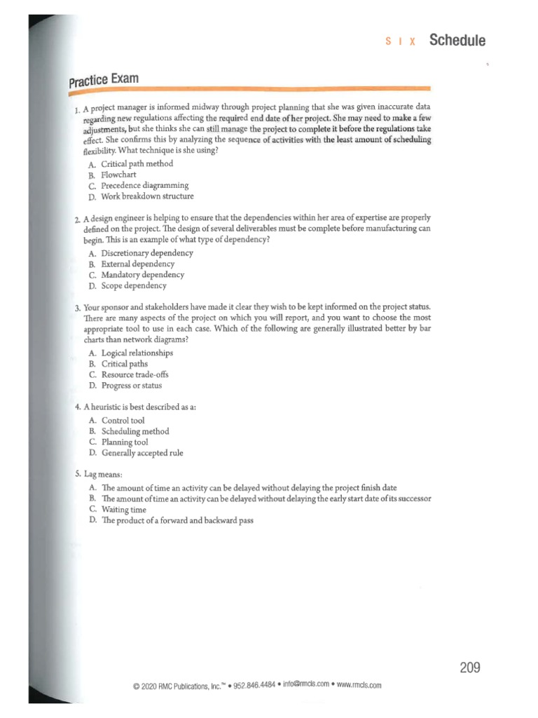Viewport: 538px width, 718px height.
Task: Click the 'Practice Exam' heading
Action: [103, 80]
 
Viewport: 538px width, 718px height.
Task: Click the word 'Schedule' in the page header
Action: [457, 40]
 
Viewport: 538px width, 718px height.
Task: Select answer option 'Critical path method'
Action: [137, 164]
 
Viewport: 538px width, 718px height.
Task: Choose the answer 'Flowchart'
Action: [118, 175]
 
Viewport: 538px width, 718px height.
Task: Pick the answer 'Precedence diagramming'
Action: [144, 185]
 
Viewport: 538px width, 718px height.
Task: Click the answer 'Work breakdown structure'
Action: [147, 196]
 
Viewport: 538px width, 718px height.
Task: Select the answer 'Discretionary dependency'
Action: [147, 253]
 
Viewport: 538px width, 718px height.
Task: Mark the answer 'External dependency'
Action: [138, 264]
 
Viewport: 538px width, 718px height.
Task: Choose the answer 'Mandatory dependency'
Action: [142, 275]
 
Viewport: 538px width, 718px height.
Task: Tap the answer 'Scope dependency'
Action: [134, 285]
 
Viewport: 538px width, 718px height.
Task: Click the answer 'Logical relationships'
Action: [137, 353]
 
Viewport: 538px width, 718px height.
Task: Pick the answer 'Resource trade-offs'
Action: [136, 374]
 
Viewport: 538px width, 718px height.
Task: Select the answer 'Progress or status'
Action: [132, 385]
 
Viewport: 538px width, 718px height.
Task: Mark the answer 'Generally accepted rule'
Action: [142, 453]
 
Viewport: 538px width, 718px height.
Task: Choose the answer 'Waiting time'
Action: [123, 510]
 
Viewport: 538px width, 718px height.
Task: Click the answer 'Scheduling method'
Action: [135, 431]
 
